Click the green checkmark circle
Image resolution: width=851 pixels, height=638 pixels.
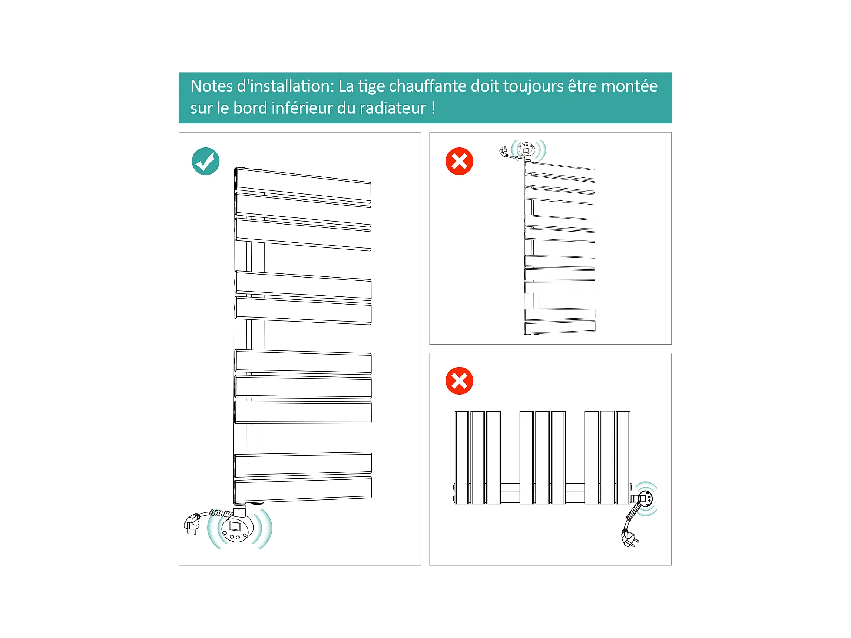click(x=205, y=161)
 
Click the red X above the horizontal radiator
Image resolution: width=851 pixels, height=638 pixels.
click(x=459, y=381)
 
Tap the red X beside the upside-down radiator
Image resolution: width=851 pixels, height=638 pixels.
click(x=459, y=161)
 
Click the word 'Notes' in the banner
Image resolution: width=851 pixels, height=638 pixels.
click(x=211, y=86)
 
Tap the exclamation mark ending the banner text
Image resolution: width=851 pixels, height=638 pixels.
click(x=434, y=108)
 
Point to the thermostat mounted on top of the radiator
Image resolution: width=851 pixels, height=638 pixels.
click(x=526, y=149)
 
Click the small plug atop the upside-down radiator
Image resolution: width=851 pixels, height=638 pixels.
click(x=503, y=152)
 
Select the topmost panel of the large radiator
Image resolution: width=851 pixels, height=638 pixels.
click(x=303, y=185)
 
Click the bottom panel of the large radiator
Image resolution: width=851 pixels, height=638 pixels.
click(x=303, y=489)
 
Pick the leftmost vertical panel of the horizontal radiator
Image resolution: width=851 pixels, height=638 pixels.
click(x=461, y=457)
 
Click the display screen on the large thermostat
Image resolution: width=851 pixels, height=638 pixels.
click(x=235, y=526)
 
